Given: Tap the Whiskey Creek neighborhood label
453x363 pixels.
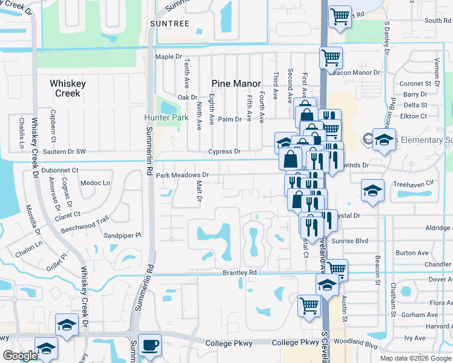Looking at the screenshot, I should coord(68,88).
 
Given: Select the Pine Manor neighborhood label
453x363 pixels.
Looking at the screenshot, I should coord(236,83).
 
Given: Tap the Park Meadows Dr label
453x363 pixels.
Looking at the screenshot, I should coord(182,175).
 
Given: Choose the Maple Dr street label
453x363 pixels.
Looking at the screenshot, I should coord(168,57).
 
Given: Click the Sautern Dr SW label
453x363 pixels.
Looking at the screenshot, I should coord(64,151).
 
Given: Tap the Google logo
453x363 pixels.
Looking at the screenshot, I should coord(21,356).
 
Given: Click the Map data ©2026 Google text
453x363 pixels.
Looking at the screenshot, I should coord(415,358).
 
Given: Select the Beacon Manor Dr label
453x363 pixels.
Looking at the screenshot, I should coord(354,72).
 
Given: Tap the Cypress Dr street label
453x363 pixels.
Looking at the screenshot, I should coord(225,151).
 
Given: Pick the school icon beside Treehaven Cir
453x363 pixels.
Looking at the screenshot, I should coord(372,191).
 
